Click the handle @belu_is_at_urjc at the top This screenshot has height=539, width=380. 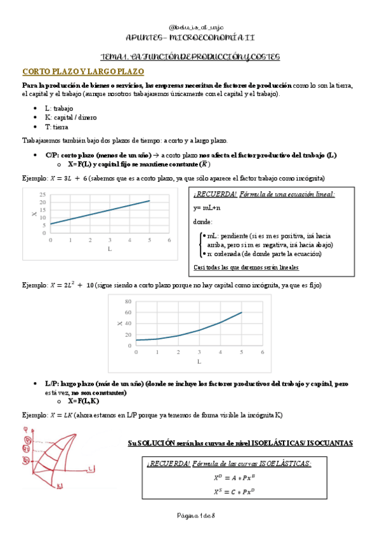click(190, 27)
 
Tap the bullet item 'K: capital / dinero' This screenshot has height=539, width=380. click(71, 118)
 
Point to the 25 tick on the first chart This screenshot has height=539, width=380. click(43, 194)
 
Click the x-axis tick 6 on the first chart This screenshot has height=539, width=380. click(169, 240)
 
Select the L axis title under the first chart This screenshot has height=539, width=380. click(110, 249)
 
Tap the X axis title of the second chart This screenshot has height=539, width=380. click(120, 324)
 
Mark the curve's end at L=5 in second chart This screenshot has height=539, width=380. click(242, 312)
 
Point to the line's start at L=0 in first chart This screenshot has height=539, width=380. click(51, 224)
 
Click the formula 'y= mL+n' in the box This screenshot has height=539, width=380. click(207, 208)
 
